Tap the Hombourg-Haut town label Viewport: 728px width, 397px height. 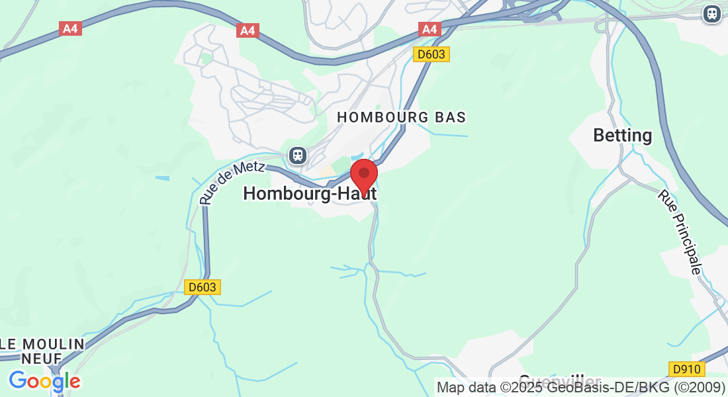tap(310, 193)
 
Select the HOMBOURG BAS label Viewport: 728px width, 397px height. tap(402, 117)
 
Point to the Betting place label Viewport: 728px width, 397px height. tap(622, 136)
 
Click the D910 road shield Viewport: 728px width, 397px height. tap(686, 369)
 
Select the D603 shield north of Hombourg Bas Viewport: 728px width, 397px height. tap(432, 54)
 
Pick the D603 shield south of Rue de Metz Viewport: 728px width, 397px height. tap(202, 287)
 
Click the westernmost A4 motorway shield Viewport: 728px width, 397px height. tap(70, 29)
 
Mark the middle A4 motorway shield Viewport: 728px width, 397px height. tap(247, 30)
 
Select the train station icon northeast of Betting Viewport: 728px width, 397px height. tap(712, 13)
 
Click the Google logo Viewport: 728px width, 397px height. tap(44, 381)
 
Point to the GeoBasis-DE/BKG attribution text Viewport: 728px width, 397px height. tap(610, 387)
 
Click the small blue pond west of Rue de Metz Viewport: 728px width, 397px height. tap(162, 178)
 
